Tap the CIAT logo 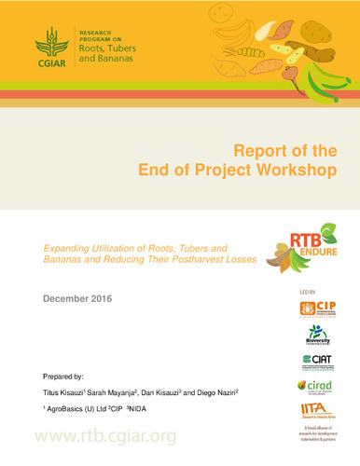click(318, 361)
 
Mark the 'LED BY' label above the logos click(307, 292)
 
